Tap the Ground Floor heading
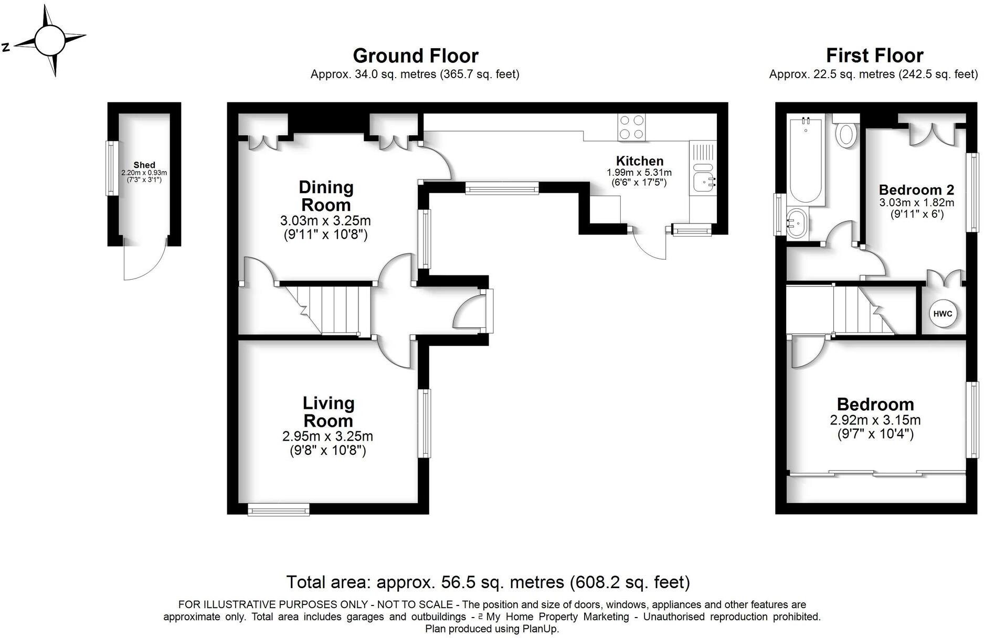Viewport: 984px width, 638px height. tap(415, 56)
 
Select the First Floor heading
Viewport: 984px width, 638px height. tap(874, 56)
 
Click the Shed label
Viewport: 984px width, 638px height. tap(144, 165)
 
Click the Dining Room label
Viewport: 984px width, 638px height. tap(325, 196)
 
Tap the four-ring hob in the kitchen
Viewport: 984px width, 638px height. tap(631, 127)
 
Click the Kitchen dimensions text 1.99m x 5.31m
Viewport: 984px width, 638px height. tap(639, 173)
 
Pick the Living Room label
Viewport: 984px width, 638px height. tap(329, 412)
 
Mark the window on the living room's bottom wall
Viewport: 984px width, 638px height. tap(278, 509)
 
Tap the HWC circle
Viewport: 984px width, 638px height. tap(943, 314)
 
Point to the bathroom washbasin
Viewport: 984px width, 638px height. tap(797, 222)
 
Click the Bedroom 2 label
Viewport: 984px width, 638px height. tap(916, 190)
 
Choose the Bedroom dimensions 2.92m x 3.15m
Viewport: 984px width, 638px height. tap(875, 420)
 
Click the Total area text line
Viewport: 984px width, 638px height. tap(488, 582)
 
